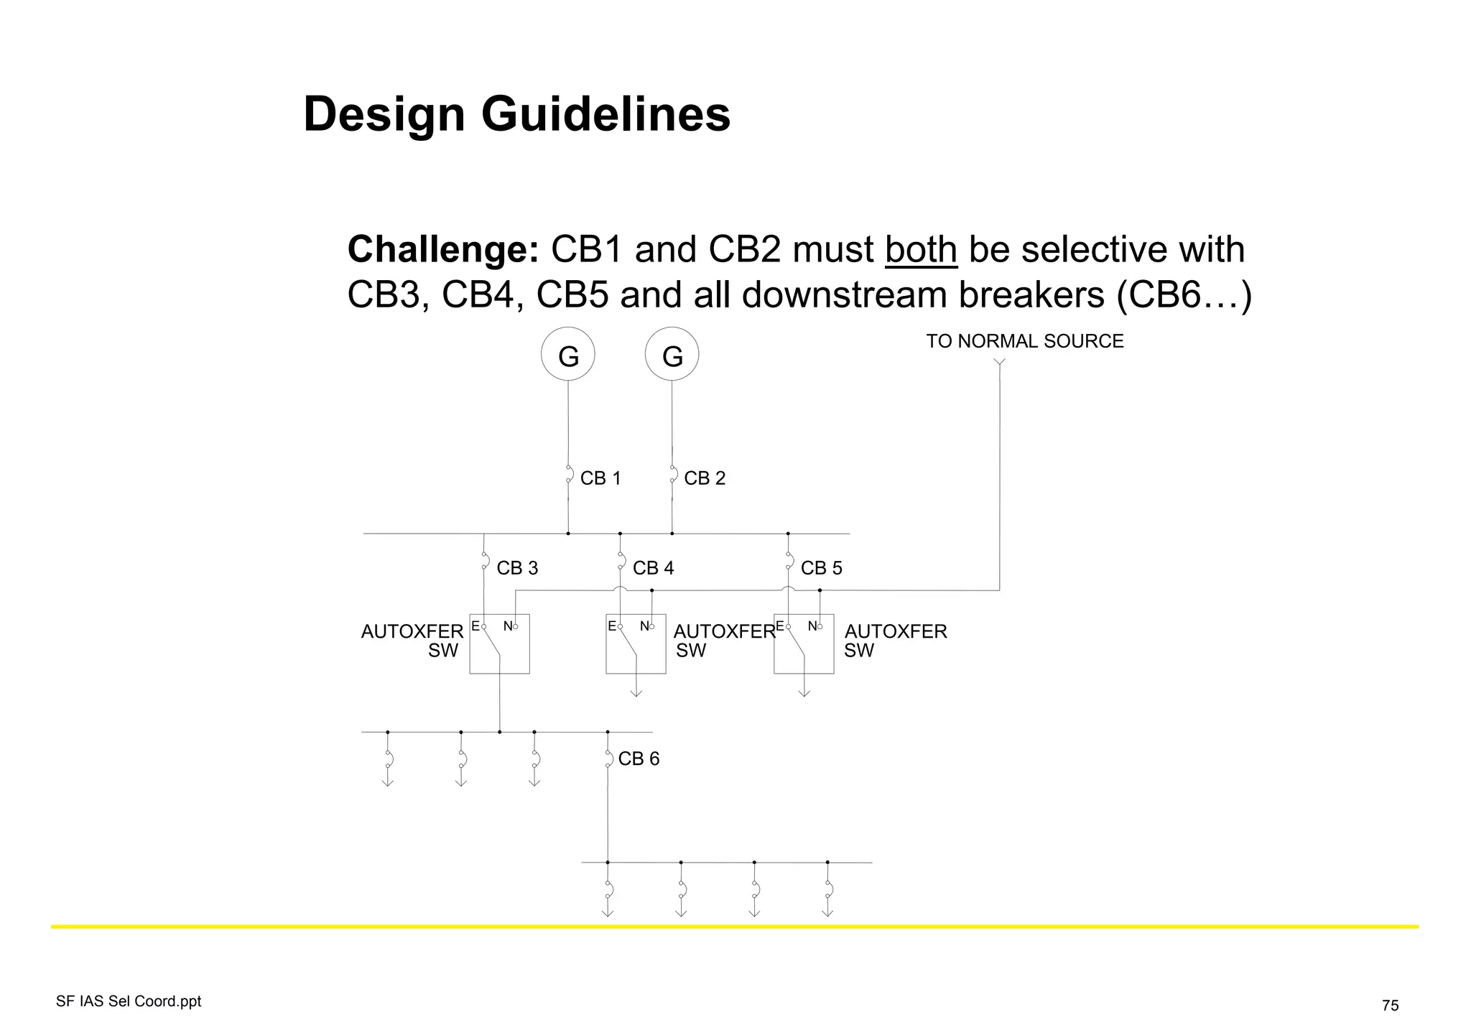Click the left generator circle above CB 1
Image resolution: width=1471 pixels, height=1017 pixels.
[x=567, y=354]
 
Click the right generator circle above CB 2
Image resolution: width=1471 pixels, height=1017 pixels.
[x=672, y=354]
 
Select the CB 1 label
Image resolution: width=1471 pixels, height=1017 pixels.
[x=600, y=478]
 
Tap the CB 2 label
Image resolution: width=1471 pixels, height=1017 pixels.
[x=705, y=478]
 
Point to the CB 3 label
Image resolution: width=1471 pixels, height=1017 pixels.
[x=517, y=568]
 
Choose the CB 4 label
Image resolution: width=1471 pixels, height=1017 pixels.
[x=653, y=568]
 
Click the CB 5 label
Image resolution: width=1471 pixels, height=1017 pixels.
[x=821, y=568]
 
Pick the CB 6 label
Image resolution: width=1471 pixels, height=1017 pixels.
[x=639, y=759]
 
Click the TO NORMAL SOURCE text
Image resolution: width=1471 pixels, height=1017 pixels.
[x=1024, y=341]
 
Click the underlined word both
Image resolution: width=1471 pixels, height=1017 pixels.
[x=921, y=250]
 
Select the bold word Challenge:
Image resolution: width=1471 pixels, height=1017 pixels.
[x=443, y=250]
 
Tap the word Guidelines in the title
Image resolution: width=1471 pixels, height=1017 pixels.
[x=605, y=114]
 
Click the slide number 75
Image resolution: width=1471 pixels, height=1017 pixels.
[x=1390, y=1006]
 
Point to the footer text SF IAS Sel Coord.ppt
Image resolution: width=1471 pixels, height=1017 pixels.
[x=129, y=1001]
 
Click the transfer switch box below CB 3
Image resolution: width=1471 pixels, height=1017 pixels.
[x=499, y=644]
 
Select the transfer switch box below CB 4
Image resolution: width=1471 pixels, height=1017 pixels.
[x=636, y=644]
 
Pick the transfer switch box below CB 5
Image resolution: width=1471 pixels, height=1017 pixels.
[x=804, y=644]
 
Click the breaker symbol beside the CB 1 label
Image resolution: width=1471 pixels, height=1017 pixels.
[x=569, y=474]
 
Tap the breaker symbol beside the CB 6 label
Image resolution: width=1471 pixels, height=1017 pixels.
[x=608, y=758]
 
